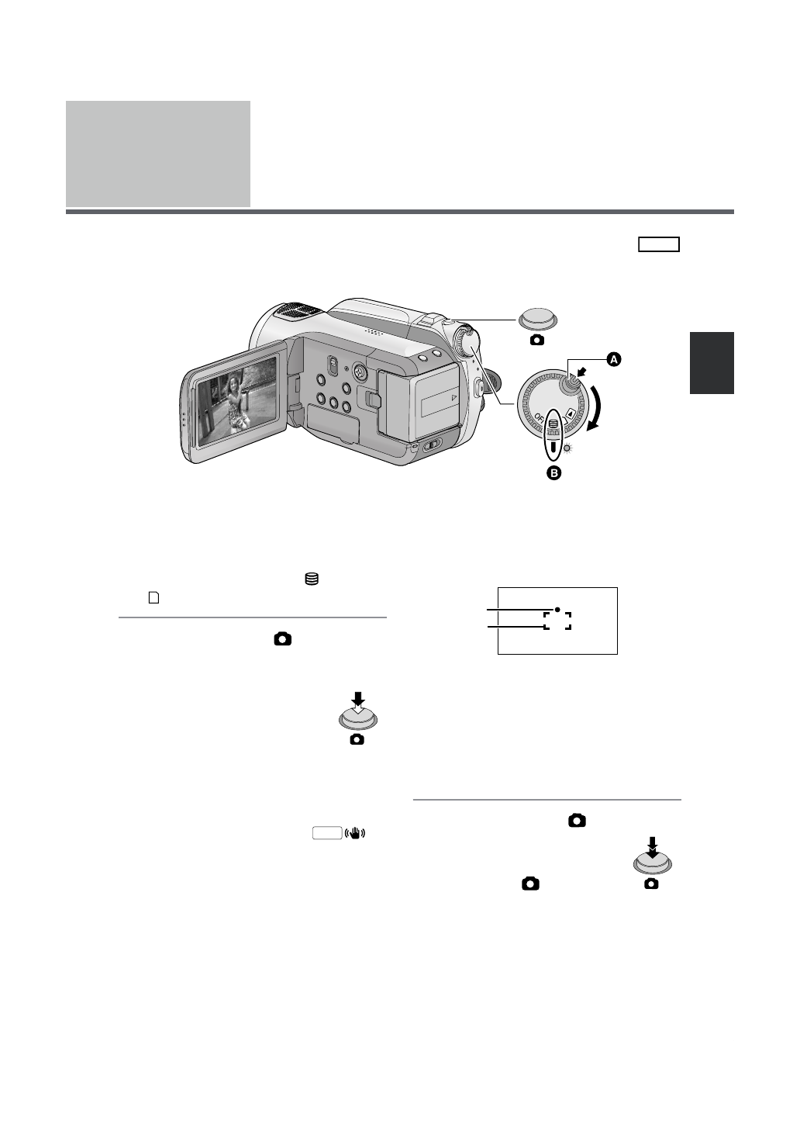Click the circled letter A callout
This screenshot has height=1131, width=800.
pyautogui.click(x=614, y=359)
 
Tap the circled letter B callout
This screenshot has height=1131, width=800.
pyautogui.click(x=554, y=472)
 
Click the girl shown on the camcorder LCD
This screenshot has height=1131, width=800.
pyautogui.click(x=234, y=401)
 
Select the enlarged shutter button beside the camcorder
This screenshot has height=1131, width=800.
pyautogui.click(x=538, y=319)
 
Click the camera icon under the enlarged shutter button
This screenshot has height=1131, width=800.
pyautogui.click(x=536, y=340)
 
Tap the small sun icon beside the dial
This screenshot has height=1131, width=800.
pyautogui.click(x=567, y=449)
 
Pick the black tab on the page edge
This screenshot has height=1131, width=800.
pyautogui.click(x=712, y=363)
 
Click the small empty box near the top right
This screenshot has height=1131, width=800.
pyautogui.click(x=659, y=245)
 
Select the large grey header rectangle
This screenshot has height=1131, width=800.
pyautogui.click(x=158, y=154)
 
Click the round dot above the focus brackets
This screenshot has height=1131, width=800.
pyautogui.click(x=557, y=610)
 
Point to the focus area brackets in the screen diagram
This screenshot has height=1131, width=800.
pyautogui.click(x=557, y=621)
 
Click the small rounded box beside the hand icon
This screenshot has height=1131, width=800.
pyautogui.click(x=327, y=834)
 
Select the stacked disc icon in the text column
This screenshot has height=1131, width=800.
pyautogui.click(x=312, y=579)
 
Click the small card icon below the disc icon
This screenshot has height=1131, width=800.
pyautogui.click(x=153, y=598)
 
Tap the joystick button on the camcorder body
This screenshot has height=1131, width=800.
pyautogui.click(x=359, y=372)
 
